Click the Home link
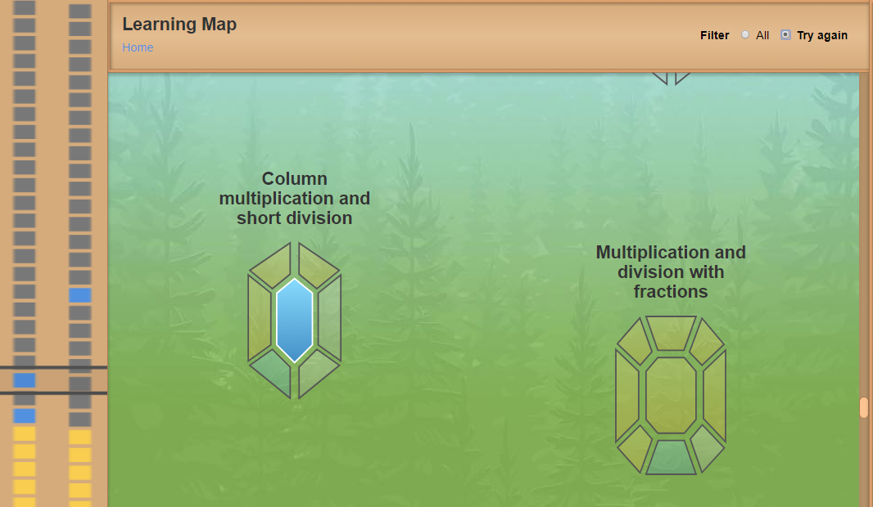[x=138, y=47]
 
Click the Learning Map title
[x=179, y=24]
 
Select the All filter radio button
[x=745, y=34]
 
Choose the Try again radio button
[x=785, y=34]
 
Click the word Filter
[x=714, y=35]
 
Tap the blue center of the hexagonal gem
[x=295, y=321]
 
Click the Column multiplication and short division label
[x=295, y=199]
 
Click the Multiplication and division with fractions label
[x=671, y=271]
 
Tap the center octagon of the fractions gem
[x=671, y=395]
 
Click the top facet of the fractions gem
[x=671, y=333]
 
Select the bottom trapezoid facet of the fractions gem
[x=671, y=457]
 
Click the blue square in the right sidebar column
[x=79, y=295]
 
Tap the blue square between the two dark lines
[x=24, y=380]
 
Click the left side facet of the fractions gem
[x=627, y=396]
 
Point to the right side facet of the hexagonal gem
[x=330, y=319]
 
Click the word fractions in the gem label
[x=671, y=292]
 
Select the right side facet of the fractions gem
[x=715, y=396]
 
